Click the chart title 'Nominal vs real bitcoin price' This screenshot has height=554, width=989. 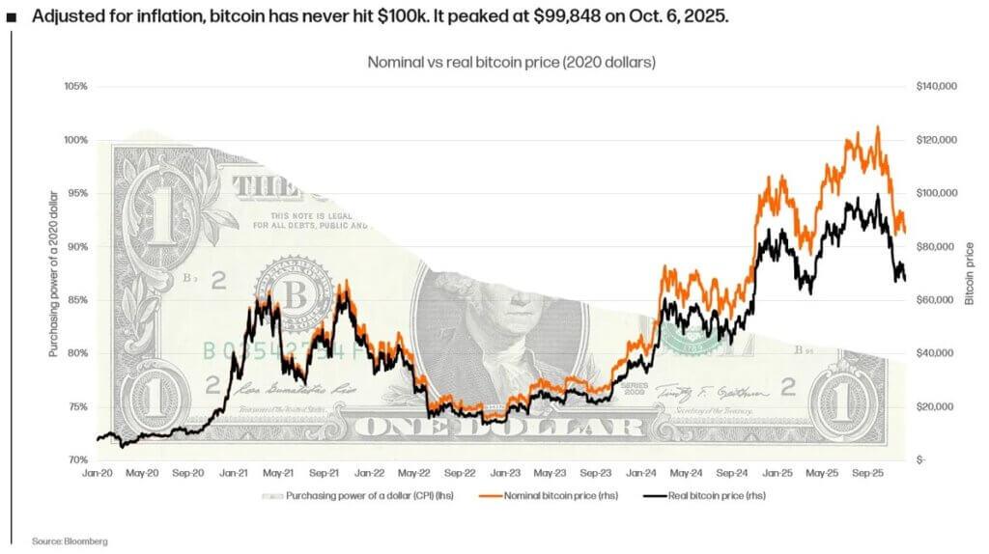coord(511,62)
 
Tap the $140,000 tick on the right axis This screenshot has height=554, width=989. coord(935,87)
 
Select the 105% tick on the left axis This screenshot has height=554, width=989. coord(76,87)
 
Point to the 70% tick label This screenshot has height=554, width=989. coord(77,460)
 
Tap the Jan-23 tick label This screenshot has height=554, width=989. coord(505,474)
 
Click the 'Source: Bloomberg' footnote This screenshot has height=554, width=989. coord(70,541)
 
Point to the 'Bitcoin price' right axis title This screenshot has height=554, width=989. coord(970,274)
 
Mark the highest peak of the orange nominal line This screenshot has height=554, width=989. coord(877,126)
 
